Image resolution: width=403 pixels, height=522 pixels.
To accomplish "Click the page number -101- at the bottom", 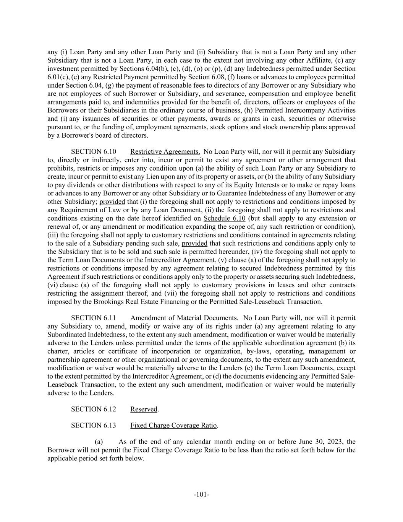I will pyautogui.click(x=201, y=494).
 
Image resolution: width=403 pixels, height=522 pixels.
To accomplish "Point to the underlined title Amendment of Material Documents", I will pyautogui.click(x=184, y=318).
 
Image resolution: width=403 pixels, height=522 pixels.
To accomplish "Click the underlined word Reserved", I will pyautogui.click(x=144, y=409).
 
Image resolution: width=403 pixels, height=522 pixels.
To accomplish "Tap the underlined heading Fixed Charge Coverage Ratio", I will pyautogui.click(x=173, y=426).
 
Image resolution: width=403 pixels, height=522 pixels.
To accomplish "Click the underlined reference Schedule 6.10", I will pyautogui.click(x=224, y=218).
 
